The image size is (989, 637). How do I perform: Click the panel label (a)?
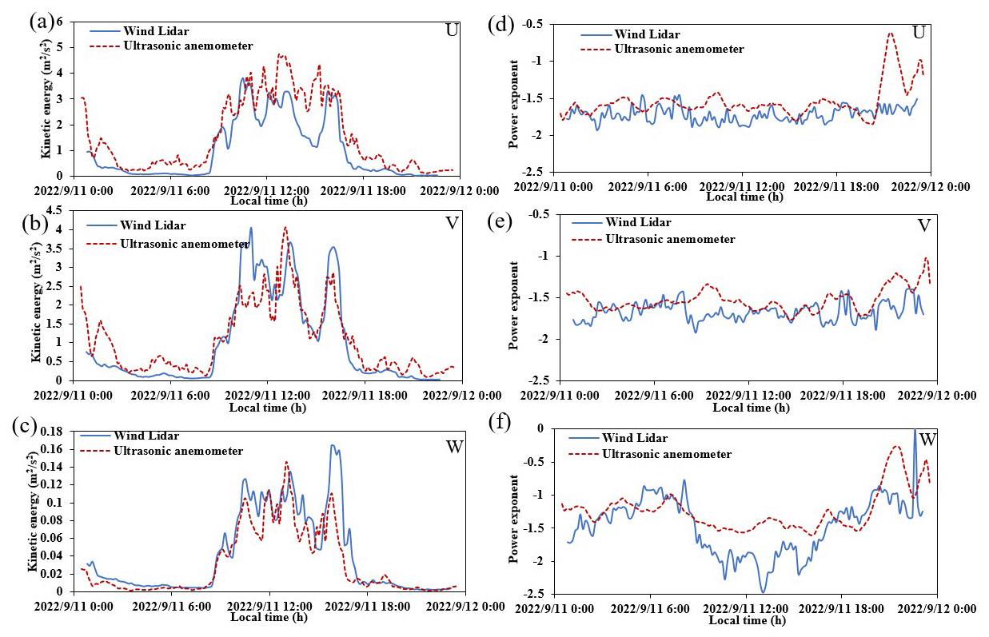pyautogui.click(x=40, y=22)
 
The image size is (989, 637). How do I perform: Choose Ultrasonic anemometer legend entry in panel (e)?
pyautogui.click(x=670, y=238)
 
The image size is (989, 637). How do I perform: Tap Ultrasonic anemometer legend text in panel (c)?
pyautogui.click(x=178, y=451)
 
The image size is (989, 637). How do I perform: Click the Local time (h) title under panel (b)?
pyautogui.click(x=268, y=408)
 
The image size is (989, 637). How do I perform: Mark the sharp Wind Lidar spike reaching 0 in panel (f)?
pyautogui.click(x=915, y=432)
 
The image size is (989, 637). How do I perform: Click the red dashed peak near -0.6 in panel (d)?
pyautogui.click(x=890, y=34)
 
